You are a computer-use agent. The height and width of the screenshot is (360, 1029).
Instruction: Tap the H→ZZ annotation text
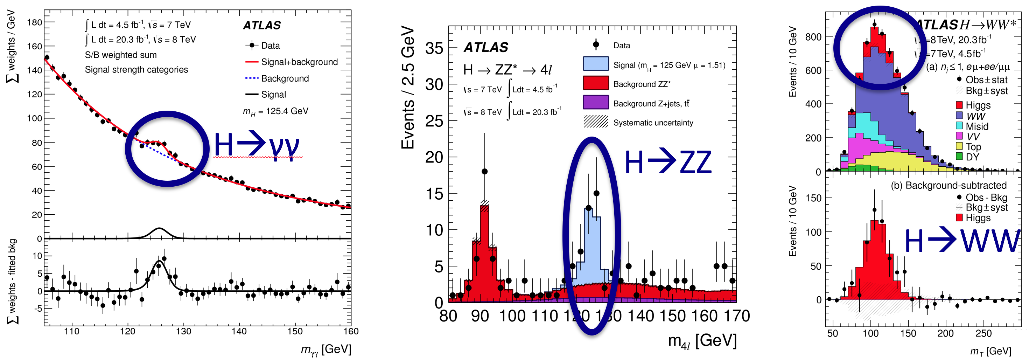pyautogui.click(x=668, y=162)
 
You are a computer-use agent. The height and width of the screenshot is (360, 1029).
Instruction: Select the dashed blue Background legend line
pyautogui.click(x=251, y=78)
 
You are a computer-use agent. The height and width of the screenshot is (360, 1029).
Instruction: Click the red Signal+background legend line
pyautogui.click(x=251, y=62)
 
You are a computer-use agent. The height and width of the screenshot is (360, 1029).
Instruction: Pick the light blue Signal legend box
pyautogui.click(x=596, y=64)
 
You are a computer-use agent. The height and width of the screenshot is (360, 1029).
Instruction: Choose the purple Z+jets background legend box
pyautogui.click(x=596, y=103)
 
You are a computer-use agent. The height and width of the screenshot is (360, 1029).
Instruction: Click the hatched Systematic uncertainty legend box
pyautogui.click(x=596, y=122)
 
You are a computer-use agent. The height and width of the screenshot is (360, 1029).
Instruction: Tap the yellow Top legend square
pyautogui.click(x=959, y=146)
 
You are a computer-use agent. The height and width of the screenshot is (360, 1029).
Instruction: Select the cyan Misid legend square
pyautogui.click(x=959, y=126)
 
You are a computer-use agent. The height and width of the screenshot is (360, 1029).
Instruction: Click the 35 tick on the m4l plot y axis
pyautogui.click(x=434, y=48)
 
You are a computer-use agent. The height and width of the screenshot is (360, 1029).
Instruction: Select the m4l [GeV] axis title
pyautogui.click(x=702, y=341)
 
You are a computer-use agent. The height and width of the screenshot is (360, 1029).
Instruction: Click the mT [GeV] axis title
pyautogui.click(x=990, y=351)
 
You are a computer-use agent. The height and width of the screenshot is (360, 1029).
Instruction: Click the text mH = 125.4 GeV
pyautogui.click(x=276, y=111)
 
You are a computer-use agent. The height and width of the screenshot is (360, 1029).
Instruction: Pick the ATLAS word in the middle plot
pyautogui.click(x=486, y=48)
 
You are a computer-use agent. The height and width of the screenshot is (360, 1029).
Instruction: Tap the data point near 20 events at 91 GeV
pyautogui.click(x=484, y=171)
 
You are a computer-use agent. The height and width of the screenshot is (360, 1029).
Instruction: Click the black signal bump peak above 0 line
pyautogui.click(x=159, y=229)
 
